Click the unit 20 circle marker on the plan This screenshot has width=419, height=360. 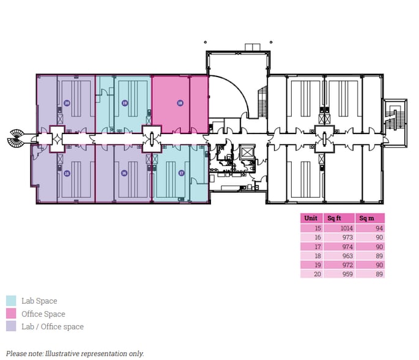[67, 103]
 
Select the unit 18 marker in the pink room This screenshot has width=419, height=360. [180, 103]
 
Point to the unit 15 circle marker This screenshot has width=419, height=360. [67, 173]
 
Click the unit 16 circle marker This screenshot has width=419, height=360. [124, 173]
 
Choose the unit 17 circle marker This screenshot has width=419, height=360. [181, 173]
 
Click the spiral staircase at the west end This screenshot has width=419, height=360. [16, 139]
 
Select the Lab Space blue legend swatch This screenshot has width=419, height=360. [11, 301]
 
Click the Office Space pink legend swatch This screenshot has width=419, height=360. [11, 313]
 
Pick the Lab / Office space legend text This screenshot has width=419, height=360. [52, 326]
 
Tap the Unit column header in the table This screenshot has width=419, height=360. [310, 218]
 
